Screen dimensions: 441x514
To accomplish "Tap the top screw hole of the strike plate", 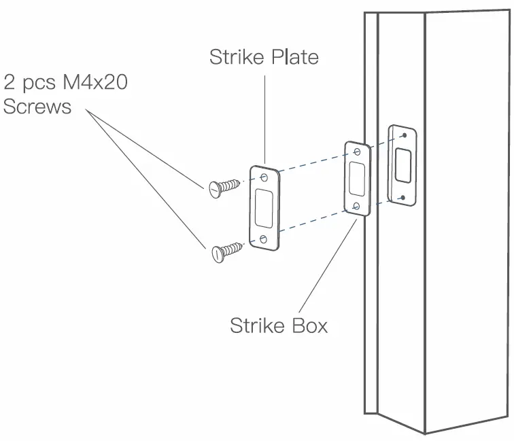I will pyautogui.click(x=265, y=179).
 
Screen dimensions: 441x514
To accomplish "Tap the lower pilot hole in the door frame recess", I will pyautogui.click(x=404, y=196).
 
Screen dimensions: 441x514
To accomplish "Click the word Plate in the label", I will pyautogui.click(x=292, y=57).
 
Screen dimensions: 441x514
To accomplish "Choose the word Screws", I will pyautogui.click(x=37, y=107).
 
